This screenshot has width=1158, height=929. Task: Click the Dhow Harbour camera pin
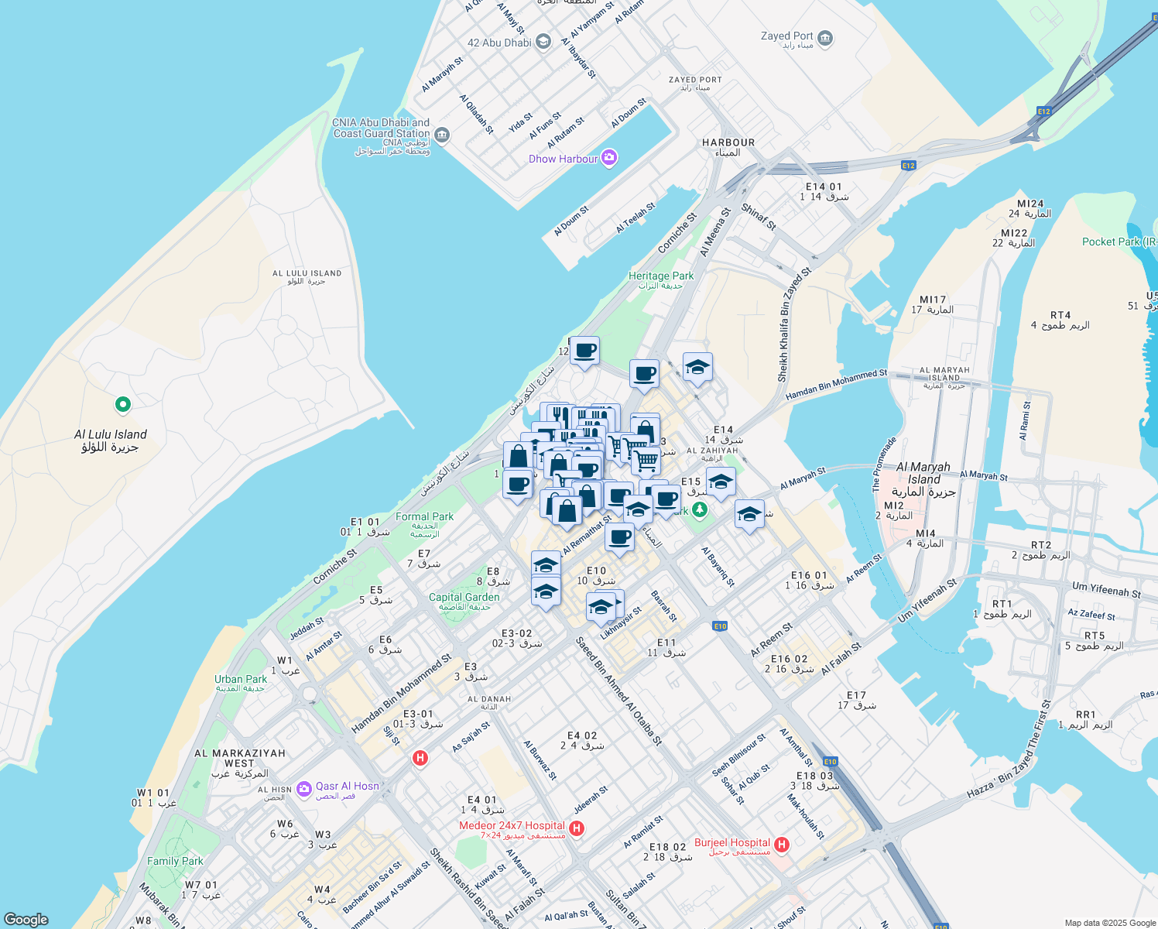609,158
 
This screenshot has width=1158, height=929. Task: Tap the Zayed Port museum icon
825,38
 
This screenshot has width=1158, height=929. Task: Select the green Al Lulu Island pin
122,404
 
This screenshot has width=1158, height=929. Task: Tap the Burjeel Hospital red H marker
782,844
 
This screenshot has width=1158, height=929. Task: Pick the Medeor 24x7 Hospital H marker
576,828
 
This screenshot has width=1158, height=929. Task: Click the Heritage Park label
660,276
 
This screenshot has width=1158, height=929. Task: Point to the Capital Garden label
464,598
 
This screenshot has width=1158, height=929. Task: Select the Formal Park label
424,517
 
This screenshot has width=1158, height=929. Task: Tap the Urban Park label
241,680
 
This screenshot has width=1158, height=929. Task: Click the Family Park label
175,861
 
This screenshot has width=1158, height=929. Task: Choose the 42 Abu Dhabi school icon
544,42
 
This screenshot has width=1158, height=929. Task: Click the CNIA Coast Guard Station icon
442,135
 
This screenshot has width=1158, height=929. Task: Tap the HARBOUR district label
728,143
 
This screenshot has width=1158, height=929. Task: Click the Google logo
26,920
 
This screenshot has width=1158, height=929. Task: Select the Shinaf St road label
759,217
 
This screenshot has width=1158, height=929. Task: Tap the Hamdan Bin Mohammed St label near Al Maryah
836,385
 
